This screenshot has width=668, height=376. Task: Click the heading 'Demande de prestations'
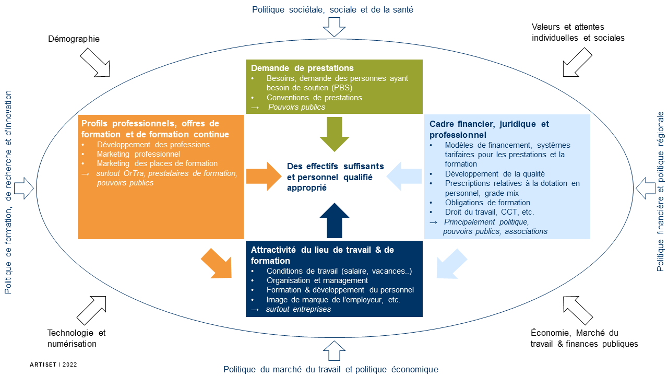tap(302, 68)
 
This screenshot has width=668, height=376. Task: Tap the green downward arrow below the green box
tap(334, 134)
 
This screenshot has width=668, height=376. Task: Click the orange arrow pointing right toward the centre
tap(264, 176)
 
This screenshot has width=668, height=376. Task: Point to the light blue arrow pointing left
tap(404, 176)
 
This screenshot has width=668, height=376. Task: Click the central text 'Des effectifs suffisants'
tap(335, 167)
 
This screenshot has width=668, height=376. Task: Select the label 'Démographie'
tap(74, 39)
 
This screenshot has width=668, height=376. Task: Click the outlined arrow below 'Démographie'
tap(96, 63)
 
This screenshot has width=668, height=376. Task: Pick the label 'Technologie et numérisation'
tap(76, 338)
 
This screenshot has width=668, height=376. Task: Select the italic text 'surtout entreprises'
tap(298, 310)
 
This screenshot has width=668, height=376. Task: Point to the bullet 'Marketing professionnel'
tap(138, 154)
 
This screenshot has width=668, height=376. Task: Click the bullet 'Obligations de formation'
tap(487, 203)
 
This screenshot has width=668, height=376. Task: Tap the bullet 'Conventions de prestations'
tap(314, 98)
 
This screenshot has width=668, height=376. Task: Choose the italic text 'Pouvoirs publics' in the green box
tap(296, 107)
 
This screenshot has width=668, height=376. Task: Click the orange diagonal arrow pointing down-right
tap(217, 263)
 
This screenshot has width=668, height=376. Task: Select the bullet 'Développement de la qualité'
tap(494, 173)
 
